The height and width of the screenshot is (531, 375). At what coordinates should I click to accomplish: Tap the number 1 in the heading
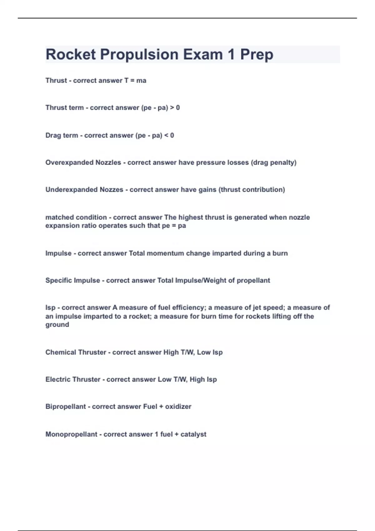coord(231,55)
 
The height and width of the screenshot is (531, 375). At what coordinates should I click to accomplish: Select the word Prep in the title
coord(257,55)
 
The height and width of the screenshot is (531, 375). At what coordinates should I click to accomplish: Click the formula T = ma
coord(135,81)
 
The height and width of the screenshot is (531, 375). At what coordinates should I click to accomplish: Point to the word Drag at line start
coord(53,136)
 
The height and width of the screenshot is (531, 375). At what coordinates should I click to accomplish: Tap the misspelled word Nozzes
coord(111,190)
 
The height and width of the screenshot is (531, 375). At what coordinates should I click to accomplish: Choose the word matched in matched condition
coord(58,217)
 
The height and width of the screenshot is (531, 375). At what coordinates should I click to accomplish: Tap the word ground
coord(57,325)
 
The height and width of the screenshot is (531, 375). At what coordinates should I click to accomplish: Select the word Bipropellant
coord(66,407)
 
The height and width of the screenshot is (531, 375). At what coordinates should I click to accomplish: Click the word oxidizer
coord(178,407)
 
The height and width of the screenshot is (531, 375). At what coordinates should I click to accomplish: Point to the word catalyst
coord(193,434)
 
